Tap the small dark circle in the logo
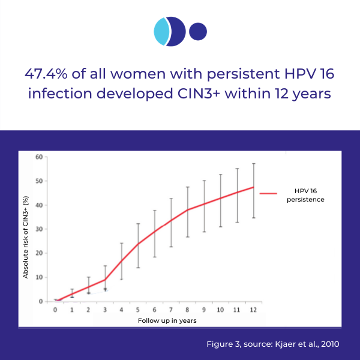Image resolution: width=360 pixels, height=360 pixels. pyautogui.click(x=197, y=31)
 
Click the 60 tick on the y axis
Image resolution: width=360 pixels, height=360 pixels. pyautogui.click(x=40, y=157)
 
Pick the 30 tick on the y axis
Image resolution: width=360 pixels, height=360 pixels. pyautogui.click(x=40, y=229)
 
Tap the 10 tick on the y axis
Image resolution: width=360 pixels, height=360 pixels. pyautogui.click(x=40, y=277)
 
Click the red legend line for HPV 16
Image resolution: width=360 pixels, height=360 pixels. pyautogui.click(x=268, y=194)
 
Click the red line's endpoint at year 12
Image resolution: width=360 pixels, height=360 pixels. pyautogui.click(x=254, y=187)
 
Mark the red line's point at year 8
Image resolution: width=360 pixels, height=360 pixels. pyautogui.click(x=188, y=209)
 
